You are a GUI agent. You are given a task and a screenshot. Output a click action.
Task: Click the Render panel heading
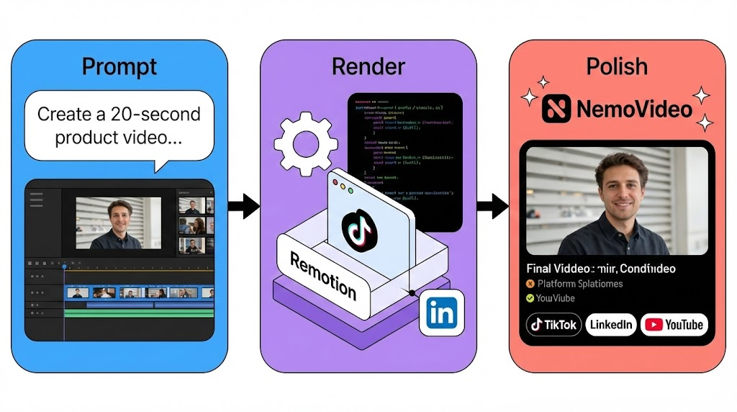pyautogui.click(x=368, y=66)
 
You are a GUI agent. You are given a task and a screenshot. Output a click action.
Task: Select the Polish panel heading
pyautogui.click(x=617, y=66)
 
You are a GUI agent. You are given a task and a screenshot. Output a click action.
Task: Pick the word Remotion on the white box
pyautogui.click(x=323, y=275)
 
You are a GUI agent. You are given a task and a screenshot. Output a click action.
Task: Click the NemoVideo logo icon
pyautogui.click(x=556, y=109)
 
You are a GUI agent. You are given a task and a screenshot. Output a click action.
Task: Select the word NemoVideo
pyautogui.click(x=634, y=109)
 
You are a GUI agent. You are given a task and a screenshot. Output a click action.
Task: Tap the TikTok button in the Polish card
pyautogui.click(x=553, y=325)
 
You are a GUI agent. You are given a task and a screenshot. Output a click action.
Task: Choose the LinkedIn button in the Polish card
pyautogui.click(x=610, y=325)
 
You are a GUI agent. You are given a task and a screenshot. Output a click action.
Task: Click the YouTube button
pyautogui.click(x=674, y=325)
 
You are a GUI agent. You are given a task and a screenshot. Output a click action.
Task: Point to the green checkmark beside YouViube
pyautogui.click(x=530, y=297)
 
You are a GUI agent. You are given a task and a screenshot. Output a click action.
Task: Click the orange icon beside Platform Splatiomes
pyautogui.click(x=530, y=284)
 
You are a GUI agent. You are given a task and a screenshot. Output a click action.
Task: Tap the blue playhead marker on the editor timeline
pyautogui.click(x=64, y=267)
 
